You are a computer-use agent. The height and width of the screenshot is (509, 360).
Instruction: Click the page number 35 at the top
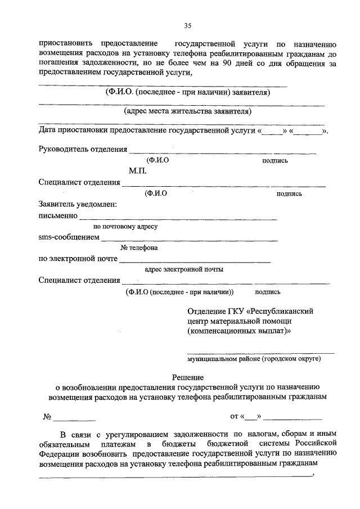point(188,25)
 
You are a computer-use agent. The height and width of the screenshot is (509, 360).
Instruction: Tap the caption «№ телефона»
point(139,248)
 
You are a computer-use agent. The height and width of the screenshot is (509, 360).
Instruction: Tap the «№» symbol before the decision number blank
point(47,417)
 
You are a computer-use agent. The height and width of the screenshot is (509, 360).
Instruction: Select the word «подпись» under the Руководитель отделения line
point(275,160)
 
